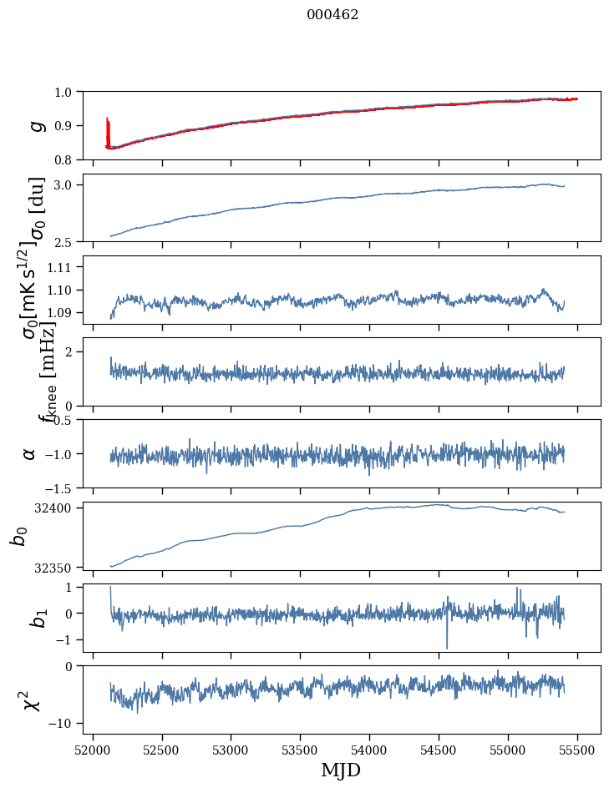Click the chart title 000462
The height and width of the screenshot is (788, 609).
point(332,15)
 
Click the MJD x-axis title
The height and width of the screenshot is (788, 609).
point(341,770)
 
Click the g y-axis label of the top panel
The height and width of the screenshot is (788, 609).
point(36,125)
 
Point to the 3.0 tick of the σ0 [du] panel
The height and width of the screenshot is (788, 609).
point(66,184)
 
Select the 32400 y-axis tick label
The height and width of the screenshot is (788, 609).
point(58,508)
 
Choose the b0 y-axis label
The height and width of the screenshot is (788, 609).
point(18,536)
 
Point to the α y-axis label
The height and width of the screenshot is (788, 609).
point(29,453)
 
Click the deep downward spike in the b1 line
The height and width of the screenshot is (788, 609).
point(447,648)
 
